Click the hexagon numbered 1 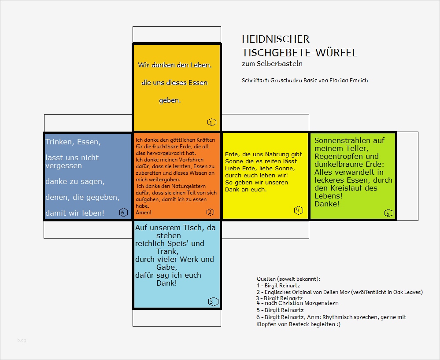tap(211, 122)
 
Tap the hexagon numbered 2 tap(210, 212)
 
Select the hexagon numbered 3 tap(211, 301)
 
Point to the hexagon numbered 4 tap(298, 210)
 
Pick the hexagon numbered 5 tap(388, 213)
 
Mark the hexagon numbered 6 tap(123, 213)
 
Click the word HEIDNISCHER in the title tap(276, 40)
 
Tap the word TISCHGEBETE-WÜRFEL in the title tap(299, 53)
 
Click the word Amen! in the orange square tap(144, 213)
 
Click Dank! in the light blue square tap(166, 283)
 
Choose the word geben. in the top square tap(170, 100)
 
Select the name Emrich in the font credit tap(358, 81)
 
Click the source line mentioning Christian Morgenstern tap(297, 303)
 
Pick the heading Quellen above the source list tap(266, 279)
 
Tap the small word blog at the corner tap(22, 340)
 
